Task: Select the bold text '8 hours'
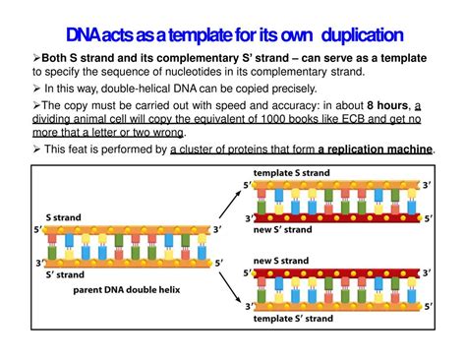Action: click(x=390, y=105)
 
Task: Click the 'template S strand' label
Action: click(x=294, y=173)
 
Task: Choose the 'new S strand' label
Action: click(x=281, y=261)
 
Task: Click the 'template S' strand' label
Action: click(x=296, y=321)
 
